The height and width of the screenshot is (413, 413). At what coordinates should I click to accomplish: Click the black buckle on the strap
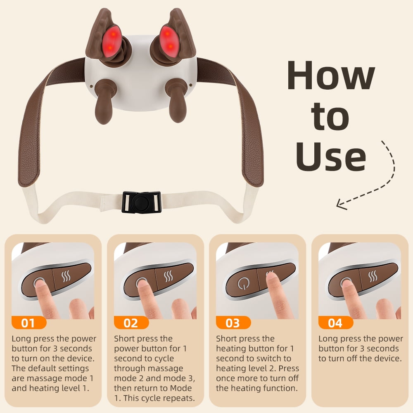tap(142, 202)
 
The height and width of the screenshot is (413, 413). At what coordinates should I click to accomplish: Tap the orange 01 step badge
tap(29, 323)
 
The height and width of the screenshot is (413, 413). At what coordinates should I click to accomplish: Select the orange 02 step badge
tap(131, 323)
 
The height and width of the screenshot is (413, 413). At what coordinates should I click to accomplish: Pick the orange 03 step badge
tap(233, 323)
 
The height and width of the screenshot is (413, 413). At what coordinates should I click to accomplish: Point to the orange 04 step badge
tap(335, 323)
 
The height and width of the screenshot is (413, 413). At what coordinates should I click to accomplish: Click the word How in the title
tap(331, 75)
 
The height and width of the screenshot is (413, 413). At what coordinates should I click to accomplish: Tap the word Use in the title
tap(331, 156)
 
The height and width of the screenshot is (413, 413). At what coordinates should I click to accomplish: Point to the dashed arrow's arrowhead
tap(342, 204)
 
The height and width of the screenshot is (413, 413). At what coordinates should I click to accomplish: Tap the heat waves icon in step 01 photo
tap(66, 276)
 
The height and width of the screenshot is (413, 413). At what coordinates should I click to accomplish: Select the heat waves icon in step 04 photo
tap(373, 276)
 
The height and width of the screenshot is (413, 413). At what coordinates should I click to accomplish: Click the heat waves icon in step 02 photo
tap(168, 276)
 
